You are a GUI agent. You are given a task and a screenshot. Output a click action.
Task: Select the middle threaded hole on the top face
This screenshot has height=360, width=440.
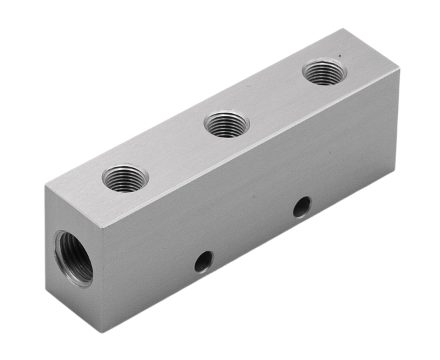227,124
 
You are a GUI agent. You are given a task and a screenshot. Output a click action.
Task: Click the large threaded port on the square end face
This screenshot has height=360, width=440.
73,257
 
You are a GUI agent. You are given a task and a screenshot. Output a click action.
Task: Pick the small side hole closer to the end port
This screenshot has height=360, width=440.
204,261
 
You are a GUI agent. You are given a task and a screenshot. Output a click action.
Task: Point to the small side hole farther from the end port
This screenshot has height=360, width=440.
302,207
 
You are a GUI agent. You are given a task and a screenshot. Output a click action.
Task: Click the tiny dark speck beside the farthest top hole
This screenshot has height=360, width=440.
339,56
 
